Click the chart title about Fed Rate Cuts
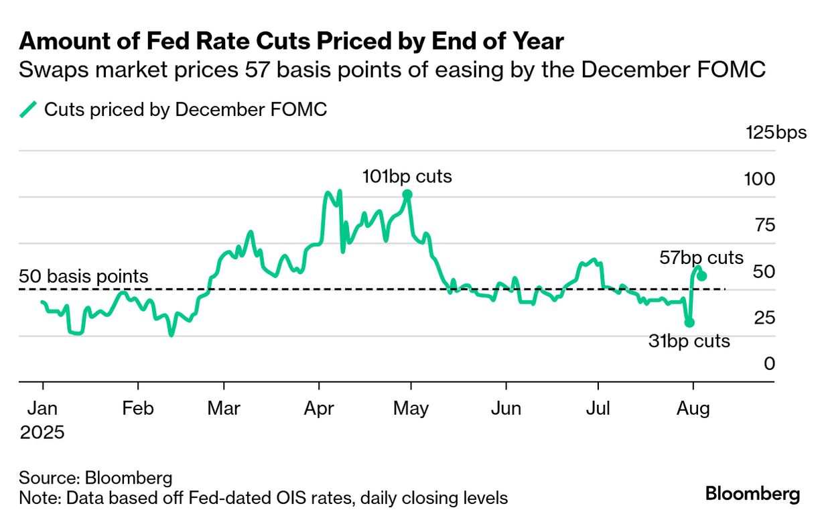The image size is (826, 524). (291, 42)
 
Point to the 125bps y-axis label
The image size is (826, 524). (776, 132)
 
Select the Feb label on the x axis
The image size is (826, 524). (137, 408)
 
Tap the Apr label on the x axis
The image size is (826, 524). (320, 408)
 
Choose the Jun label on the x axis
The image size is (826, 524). (506, 408)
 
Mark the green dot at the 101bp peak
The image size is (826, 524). (407, 195)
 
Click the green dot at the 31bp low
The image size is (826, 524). (689, 322)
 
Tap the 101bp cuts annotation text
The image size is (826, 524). (407, 177)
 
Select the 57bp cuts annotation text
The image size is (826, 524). (701, 258)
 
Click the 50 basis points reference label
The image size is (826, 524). (84, 276)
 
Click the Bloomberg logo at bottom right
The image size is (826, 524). (752, 495)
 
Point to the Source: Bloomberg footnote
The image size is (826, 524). (96, 478)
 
